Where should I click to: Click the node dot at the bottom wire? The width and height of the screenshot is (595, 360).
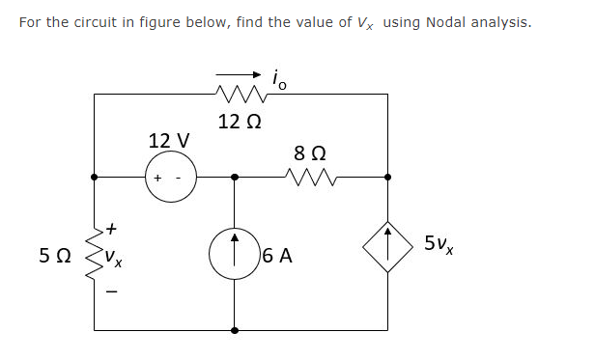pyautogui.click(x=234, y=329)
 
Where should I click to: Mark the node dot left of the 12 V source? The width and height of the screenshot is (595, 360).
pyautogui.click(x=95, y=178)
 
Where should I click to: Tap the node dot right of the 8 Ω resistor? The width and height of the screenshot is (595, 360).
pyautogui.click(x=387, y=178)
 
